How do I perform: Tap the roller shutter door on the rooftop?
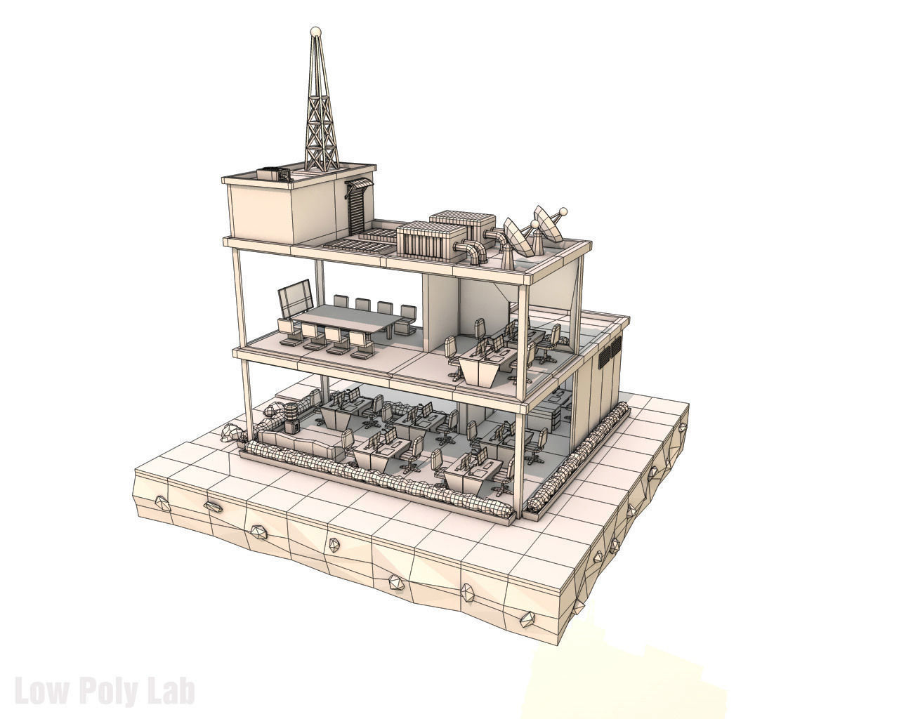tap(357, 209)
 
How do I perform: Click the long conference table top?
tap(348, 320)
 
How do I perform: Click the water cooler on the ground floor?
tap(291, 418)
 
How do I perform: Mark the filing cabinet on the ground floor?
tap(558, 414)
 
